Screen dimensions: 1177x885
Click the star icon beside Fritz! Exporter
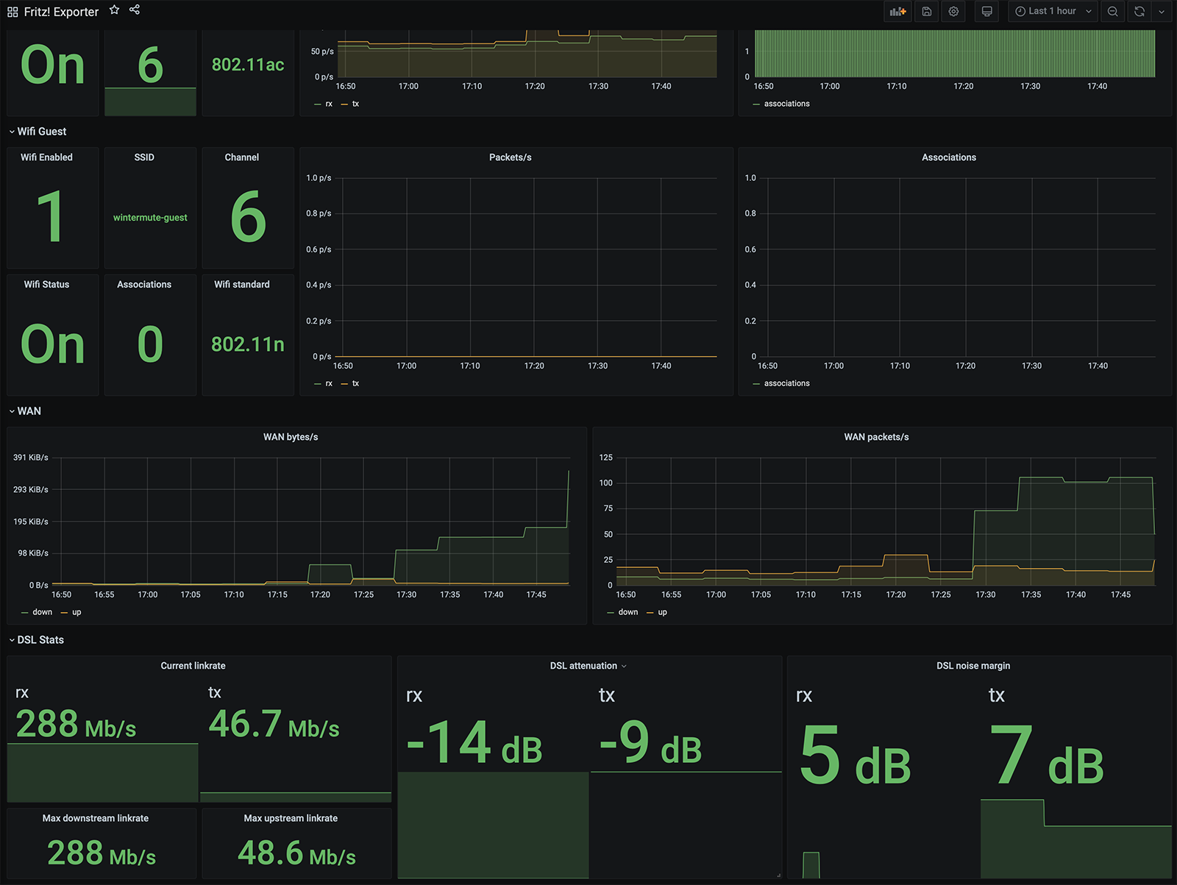click(114, 10)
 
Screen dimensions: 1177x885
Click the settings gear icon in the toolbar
click(953, 11)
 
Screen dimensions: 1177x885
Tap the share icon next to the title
click(135, 10)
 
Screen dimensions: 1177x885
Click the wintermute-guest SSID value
click(150, 218)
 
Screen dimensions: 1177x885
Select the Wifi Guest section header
click(42, 132)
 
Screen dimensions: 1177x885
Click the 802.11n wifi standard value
click(248, 344)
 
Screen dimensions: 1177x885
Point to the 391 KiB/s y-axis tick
click(31, 458)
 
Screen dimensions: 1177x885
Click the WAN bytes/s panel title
click(291, 437)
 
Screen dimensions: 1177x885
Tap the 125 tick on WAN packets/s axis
click(606, 458)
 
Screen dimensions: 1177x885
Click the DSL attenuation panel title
click(583, 666)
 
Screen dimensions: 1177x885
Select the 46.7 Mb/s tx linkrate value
click(274, 724)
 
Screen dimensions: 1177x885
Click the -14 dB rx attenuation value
click(474, 743)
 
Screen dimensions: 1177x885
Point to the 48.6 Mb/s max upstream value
click(296, 853)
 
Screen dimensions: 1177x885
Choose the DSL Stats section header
click(40, 640)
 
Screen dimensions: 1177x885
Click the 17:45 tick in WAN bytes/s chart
click(536, 594)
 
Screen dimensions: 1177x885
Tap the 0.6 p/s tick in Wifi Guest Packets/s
click(319, 249)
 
